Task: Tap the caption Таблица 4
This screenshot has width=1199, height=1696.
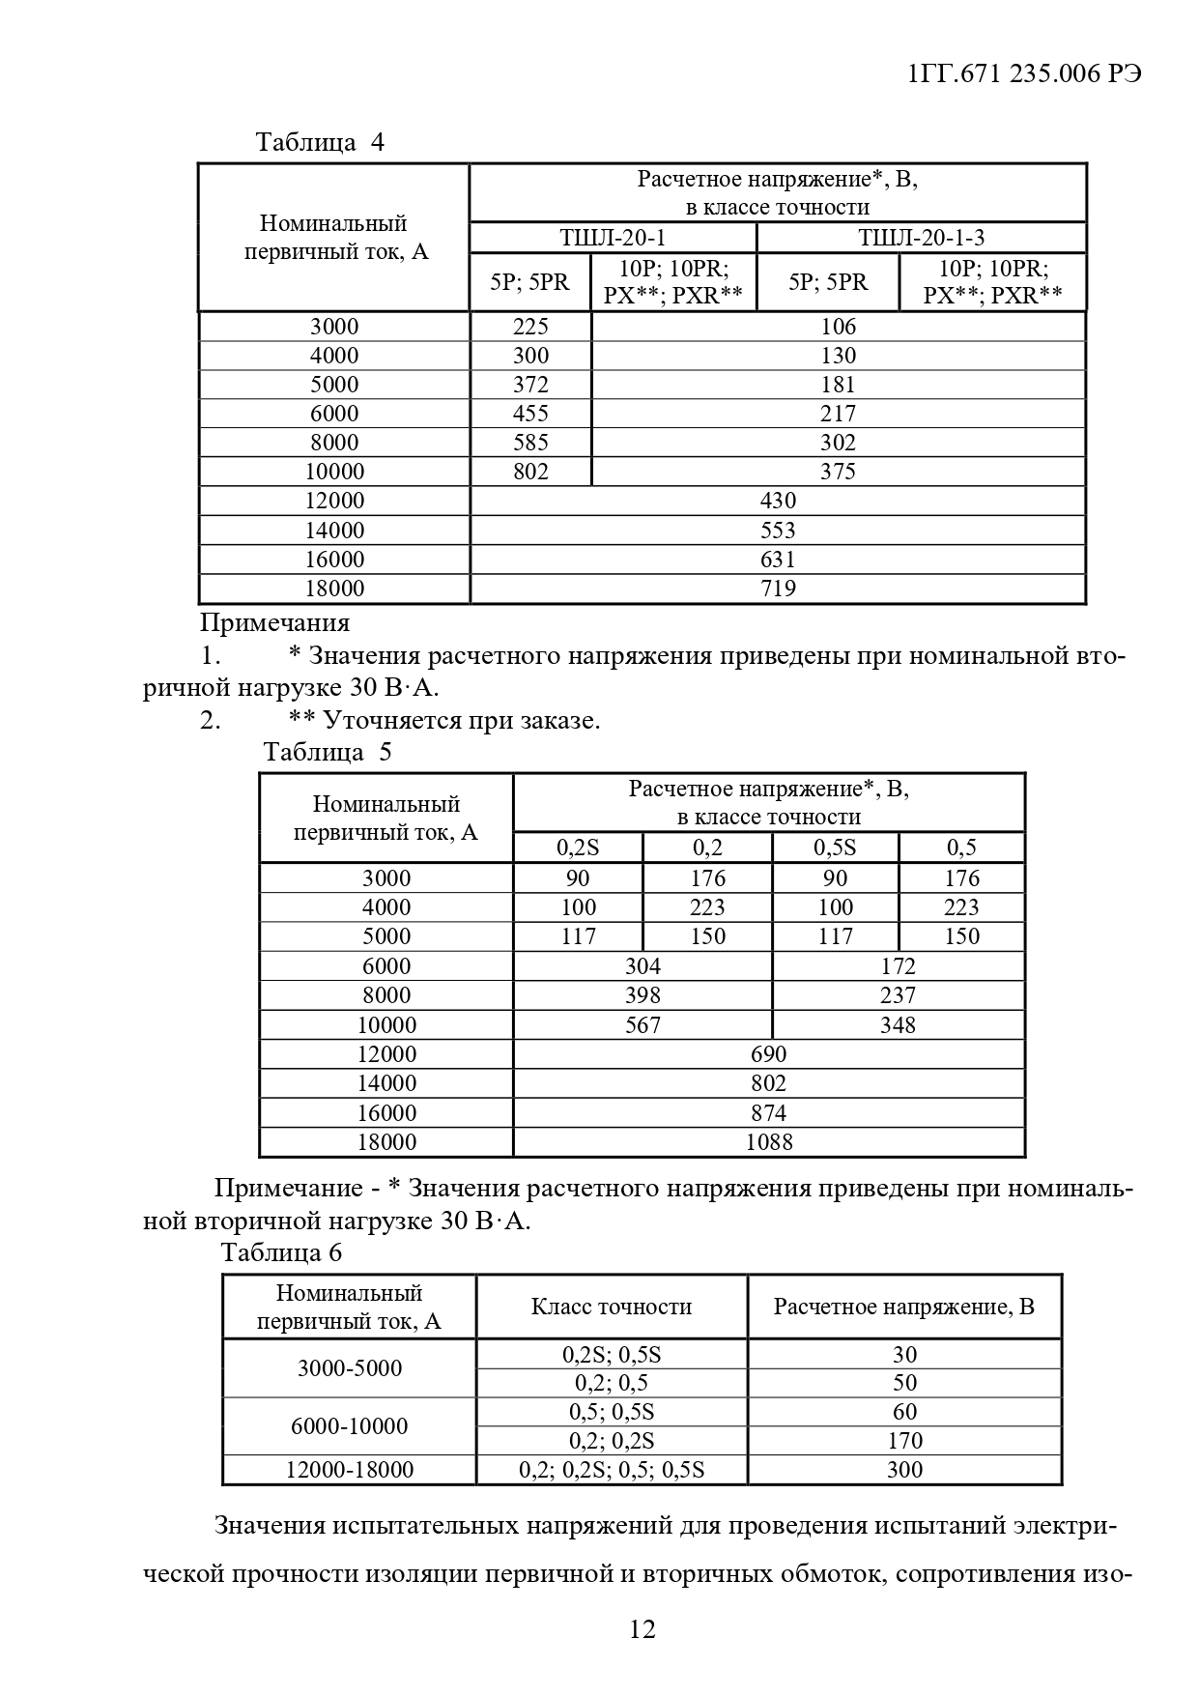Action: pyautogui.click(x=320, y=142)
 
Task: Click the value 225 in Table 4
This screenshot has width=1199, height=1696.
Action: pyautogui.click(x=530, y=327)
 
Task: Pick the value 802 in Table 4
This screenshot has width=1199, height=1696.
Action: pyautogui.click(x=530, y=472)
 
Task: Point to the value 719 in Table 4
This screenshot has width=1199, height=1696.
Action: pyautogui.click(x=778, y=589)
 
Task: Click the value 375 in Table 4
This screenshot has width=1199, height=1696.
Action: pyautogui.click(x=838, y=472)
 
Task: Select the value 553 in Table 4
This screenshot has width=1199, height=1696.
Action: pyautogui.click(x=778, y=531)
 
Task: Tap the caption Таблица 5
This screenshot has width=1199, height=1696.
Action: pyautogui.click(x=328, y=752)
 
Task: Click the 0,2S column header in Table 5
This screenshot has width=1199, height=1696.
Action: pyautogui.click(x=578, y=848)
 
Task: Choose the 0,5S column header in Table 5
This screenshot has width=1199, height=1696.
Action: pyautogui.click(x=835, y=848)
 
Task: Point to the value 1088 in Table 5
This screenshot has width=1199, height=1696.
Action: pyautogui.click(x=769, y=1142)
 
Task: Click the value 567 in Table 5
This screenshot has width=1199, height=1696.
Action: pyautogui.click(x=642, y=1025)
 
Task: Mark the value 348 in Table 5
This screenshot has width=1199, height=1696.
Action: pyautogui.click(x=898, y=1025)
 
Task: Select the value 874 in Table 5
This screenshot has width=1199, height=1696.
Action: pyautogui.click(x=769, y=1113)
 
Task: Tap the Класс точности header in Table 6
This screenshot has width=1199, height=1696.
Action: pyautogui.click(x=612, y=1308)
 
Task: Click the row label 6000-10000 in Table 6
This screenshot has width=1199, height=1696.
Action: pyautogui.click(x=349, y=1426)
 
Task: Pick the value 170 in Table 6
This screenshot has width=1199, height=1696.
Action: pyautogui.click(x=904, y=1441)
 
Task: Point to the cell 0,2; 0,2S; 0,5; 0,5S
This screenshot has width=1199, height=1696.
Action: pyautogui.click(x=612, y=1470)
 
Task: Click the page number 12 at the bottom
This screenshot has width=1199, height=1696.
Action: pyautogui.click(x=642, y=1629)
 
